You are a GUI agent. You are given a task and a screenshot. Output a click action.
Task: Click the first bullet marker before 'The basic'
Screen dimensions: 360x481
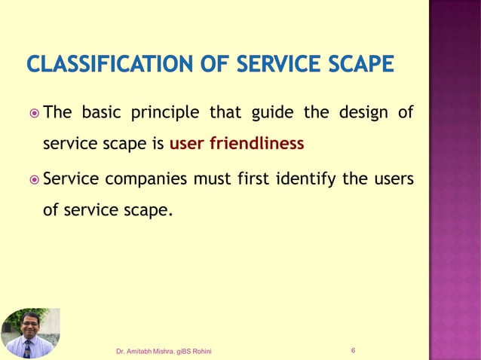coord(33,114)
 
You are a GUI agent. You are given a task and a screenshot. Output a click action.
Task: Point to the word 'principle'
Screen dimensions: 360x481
coord(164,114)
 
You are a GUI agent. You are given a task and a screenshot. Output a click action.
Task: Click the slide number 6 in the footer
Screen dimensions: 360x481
coord(354,351)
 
